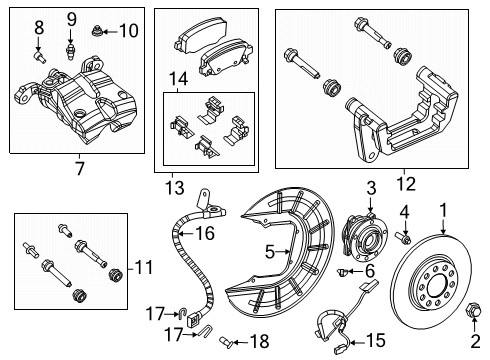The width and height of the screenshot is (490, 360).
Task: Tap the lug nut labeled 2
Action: (x=474, y=328)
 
